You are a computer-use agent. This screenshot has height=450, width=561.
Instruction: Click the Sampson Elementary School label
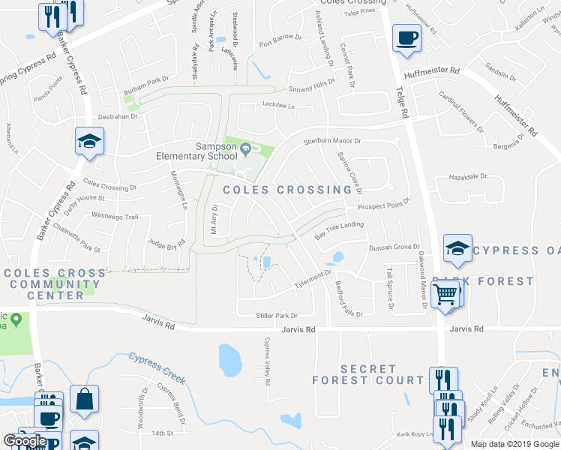coord(196,151)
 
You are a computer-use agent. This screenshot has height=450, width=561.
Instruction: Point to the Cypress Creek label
coord(156,368)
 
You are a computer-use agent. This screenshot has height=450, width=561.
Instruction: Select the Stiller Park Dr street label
coord(277,316)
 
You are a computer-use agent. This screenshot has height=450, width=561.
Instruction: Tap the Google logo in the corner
coord(25,441)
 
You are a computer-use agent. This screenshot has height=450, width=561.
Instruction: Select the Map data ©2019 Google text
coord(514,444)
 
